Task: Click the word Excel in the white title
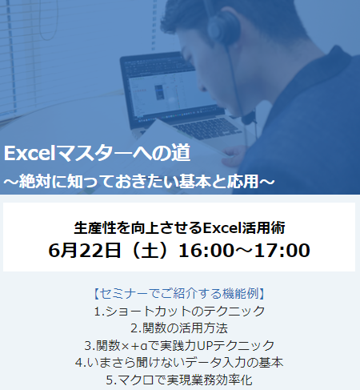[30, 154]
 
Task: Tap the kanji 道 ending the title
[181, 153]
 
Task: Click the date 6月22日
[84, 251]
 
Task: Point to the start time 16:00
[206, 251]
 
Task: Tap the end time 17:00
[282, 251]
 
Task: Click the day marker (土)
[150, 251]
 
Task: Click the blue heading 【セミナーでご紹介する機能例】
[179, 293]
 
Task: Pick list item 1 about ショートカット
[180, 311]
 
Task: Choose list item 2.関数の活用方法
[179, 328]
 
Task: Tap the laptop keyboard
[210, 128]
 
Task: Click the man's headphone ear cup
[223, 26]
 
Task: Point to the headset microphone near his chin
[249, 119]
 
